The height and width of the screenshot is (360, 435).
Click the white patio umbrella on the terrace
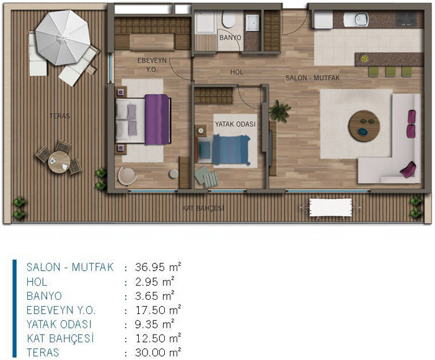tap(63, 38)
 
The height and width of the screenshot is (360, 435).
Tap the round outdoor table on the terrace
tap(59, 162)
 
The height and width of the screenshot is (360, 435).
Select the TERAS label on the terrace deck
tap(59, 116)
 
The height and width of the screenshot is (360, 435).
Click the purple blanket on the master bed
tap(157, 120)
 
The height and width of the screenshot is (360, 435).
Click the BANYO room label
tap(230, 37)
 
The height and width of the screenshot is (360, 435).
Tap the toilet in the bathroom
tap(228, 19)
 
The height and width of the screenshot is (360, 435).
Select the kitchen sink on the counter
tap(356, 19)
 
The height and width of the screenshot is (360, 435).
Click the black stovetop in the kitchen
tap(406, 19)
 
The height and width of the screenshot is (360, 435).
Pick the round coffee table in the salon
tap(364, 126)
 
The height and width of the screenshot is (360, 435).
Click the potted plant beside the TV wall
tap(280, 111)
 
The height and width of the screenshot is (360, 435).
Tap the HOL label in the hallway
tap(237, 72)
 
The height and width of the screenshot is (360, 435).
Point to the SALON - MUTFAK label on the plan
tap(312, 78)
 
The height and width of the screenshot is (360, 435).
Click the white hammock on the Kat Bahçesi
tap(330, 207)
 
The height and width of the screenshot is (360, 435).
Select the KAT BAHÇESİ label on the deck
tap(203, 208)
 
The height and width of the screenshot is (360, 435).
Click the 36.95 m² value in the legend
tap(158, 267)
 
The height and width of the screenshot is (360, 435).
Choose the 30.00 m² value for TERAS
tap(158, 352)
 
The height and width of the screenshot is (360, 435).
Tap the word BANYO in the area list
tap(44, 296)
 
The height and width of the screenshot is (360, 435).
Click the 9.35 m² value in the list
tap(154, 324)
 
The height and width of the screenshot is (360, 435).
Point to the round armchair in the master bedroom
tap(127, 176)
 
